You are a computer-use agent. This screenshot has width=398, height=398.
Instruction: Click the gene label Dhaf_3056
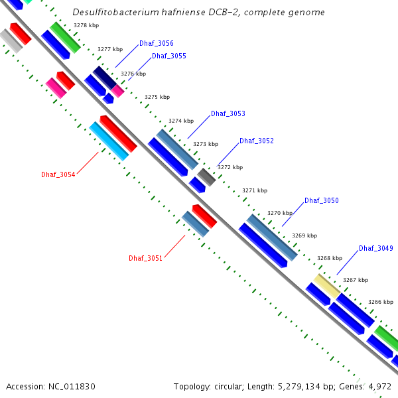pos(157,43)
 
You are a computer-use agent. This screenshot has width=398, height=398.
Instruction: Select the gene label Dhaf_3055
pos(169,56)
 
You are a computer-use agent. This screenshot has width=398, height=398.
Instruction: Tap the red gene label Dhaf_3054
pos(58,174)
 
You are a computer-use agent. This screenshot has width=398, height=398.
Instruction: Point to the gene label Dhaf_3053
pos(228,113)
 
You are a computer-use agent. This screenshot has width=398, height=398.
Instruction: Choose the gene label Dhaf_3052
pos(257,141)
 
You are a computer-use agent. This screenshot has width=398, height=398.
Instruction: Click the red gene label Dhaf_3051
pos(146,257)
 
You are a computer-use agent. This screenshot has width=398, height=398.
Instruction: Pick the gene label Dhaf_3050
pos(322,200)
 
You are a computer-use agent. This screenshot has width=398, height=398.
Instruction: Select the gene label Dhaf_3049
pos(376,248)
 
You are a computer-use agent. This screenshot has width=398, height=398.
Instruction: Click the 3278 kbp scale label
pos(86,25)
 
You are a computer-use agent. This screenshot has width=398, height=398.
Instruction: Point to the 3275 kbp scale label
pos(157,97)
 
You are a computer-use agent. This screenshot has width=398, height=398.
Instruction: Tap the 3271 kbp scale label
pos(255,190)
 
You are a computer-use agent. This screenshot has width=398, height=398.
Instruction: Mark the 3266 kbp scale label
pos(381,302)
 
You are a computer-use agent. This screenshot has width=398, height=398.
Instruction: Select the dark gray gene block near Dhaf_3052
pos(206,176)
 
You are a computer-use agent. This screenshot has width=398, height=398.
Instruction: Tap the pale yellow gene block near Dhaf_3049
pos(327,285)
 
